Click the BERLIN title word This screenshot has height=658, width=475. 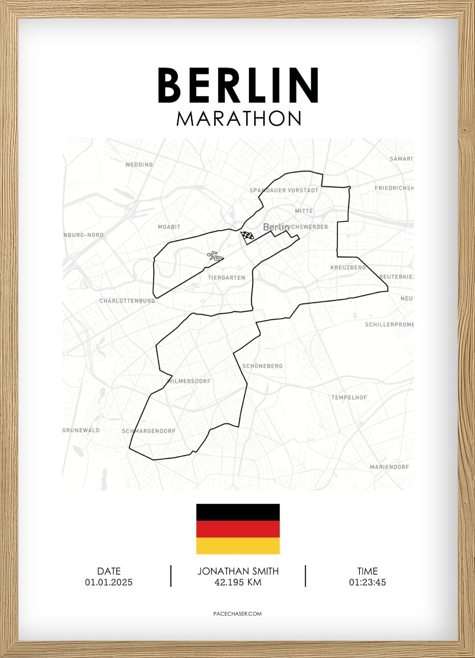click(x=238, y=85)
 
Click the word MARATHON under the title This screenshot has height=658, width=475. click(x=239, y=119)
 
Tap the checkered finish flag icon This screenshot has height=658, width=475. click(x=247, y=237)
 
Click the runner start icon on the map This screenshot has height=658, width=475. click(x=215, y=256)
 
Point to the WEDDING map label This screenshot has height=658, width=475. click(x=139, y=165)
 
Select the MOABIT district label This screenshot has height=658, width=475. click(x=169, y=227)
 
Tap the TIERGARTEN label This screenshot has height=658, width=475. click(x=226, y=278)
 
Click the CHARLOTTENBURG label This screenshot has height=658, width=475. click(x=127, y=301)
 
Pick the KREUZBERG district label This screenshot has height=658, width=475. click(x=348, y=267)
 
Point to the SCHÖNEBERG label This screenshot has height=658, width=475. click(x=262, y=366)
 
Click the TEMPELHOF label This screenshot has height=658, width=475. click(x=349, y=397)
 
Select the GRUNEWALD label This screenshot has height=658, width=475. click(x=81, y=430)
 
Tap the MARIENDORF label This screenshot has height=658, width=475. click(x=389, y=467)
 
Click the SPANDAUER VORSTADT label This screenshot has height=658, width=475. click(x=284, y=190)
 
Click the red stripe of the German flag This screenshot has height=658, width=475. click(x=238, y=529)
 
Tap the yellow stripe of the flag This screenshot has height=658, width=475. click(x=238, y=546)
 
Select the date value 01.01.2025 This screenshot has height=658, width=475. click(x=109, y=582)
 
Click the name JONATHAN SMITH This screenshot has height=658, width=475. click(x=238, y=571)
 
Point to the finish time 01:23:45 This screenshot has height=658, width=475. click(x=367, y=582)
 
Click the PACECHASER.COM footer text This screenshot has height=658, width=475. click(x=237, y=614)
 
